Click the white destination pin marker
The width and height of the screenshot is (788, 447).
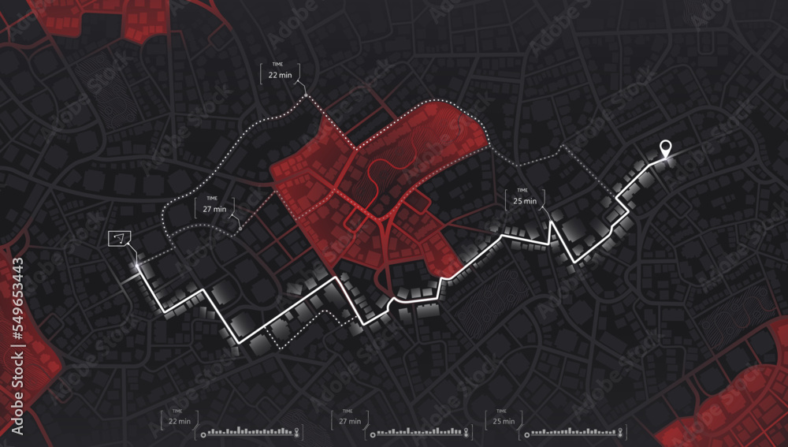coord(665,147)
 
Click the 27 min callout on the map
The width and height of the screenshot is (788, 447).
coord(214,209)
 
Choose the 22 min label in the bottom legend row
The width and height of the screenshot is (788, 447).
coord(179,421)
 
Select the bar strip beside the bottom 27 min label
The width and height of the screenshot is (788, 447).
coord(420,431)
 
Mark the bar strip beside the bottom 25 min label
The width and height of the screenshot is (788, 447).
coord(573,431)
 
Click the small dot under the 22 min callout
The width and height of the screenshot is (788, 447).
coord(307,96)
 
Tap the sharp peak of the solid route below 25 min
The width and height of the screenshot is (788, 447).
coord(551,221)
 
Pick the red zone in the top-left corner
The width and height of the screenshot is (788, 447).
coord(142,20)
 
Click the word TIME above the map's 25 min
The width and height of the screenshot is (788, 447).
coord(522,191)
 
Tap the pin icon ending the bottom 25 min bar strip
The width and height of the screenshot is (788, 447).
coord(621,432)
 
